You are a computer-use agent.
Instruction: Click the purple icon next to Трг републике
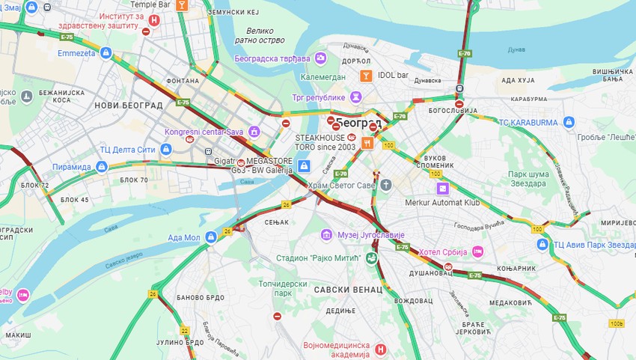355,97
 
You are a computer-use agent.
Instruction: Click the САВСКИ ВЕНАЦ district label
348,289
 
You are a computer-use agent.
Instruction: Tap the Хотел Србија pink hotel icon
478,251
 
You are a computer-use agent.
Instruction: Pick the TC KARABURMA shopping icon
569,122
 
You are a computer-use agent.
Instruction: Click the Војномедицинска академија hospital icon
380,349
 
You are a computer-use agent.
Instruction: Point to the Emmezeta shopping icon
106,53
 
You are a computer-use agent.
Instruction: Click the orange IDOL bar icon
365,75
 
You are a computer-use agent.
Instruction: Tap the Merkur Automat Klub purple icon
443,189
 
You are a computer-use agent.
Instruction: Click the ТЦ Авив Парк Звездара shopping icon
543,244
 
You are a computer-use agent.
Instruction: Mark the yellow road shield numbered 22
184,330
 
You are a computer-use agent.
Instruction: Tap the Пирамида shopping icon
103,166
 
